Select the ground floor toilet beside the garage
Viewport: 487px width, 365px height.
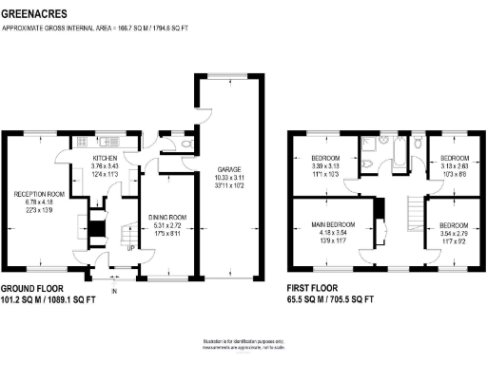pyautogui.click(x=176, y=144)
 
